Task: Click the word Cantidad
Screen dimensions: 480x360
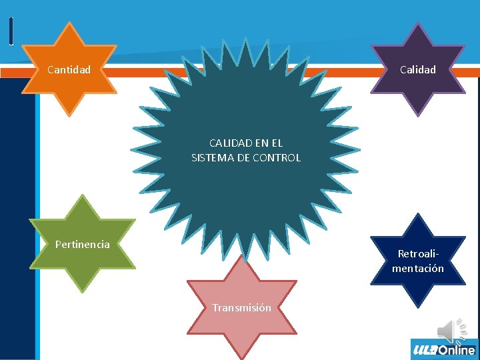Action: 69,69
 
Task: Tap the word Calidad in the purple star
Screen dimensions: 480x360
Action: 418,69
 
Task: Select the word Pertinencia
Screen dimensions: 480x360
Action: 83,244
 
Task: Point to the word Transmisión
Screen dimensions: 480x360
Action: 241,307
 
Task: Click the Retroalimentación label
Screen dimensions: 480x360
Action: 418,261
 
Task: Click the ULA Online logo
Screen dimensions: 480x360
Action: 444,349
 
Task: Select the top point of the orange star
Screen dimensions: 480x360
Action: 69,25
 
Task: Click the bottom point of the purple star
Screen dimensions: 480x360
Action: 418,115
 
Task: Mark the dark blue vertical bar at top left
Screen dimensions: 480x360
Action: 11,31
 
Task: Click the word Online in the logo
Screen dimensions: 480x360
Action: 457,349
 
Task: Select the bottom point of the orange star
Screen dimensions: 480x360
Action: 69,115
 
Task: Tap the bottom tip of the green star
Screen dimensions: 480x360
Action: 83,291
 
